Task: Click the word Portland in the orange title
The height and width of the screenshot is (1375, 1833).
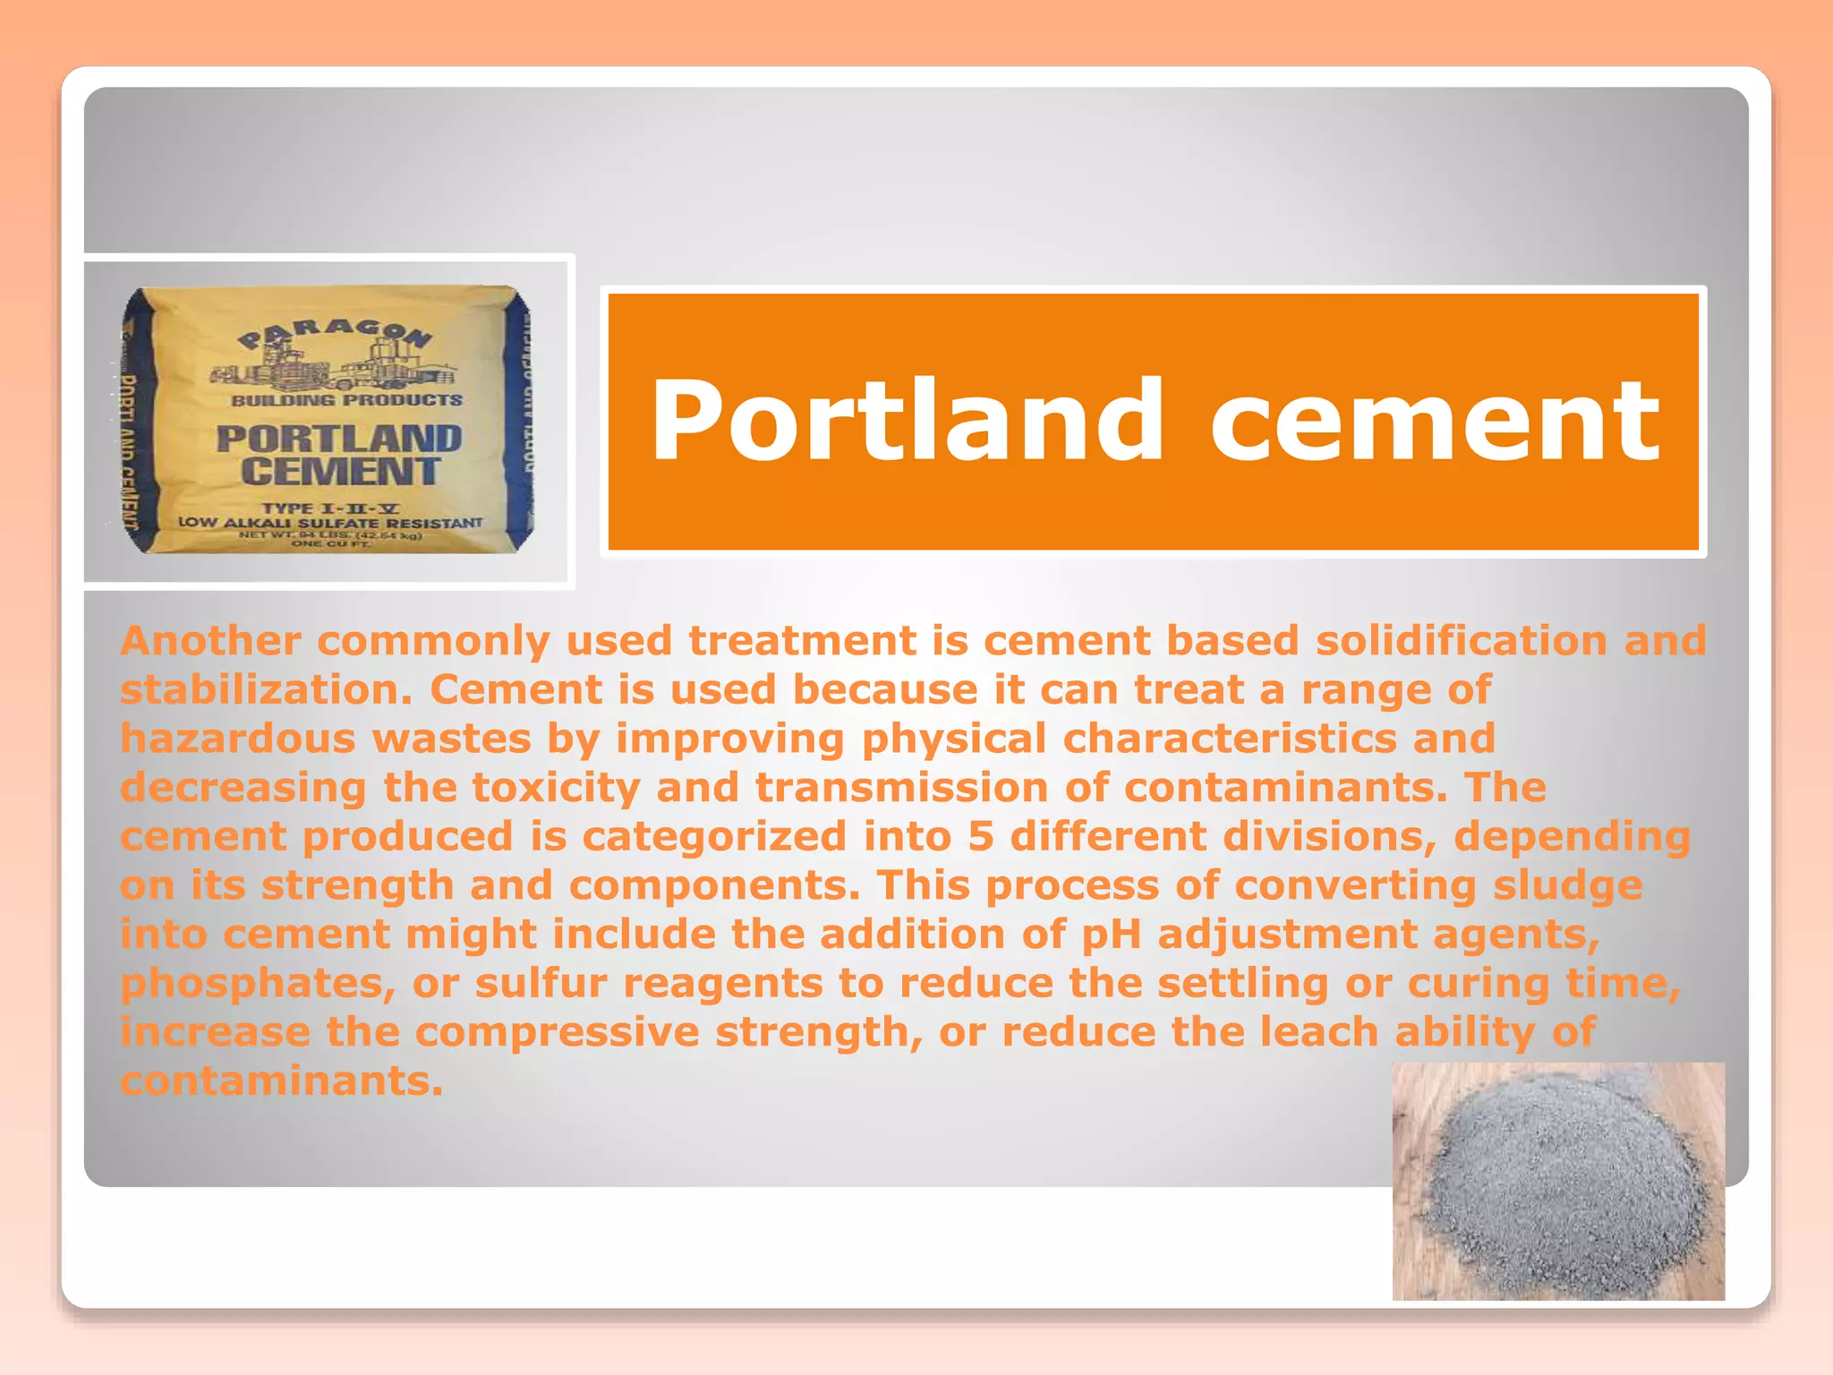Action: tap(906, 421)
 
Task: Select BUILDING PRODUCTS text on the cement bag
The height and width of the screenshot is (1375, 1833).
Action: tap(346, 400)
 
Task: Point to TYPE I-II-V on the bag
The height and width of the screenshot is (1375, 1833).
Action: tap(330, 508)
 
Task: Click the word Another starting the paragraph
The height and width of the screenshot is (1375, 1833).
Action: tap(210, 641)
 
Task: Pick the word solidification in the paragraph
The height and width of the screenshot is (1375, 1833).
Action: tap(1461, 641)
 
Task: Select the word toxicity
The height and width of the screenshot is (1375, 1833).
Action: tap(556, 788)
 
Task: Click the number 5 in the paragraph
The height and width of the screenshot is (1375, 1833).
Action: tap(980, 837)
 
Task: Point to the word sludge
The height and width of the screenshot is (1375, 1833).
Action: tap(1567, 886)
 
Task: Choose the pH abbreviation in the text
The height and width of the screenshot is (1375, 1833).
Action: tap(1111, 935)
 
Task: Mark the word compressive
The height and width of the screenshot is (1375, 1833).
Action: tap(557, 1032)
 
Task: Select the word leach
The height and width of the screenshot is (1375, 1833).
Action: tap(1319, 1032)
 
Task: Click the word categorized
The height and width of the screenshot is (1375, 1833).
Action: tap(714, 837)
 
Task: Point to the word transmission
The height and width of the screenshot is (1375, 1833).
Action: tap(901, 788)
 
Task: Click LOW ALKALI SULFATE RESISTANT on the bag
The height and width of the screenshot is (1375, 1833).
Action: tap(330, 523)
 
